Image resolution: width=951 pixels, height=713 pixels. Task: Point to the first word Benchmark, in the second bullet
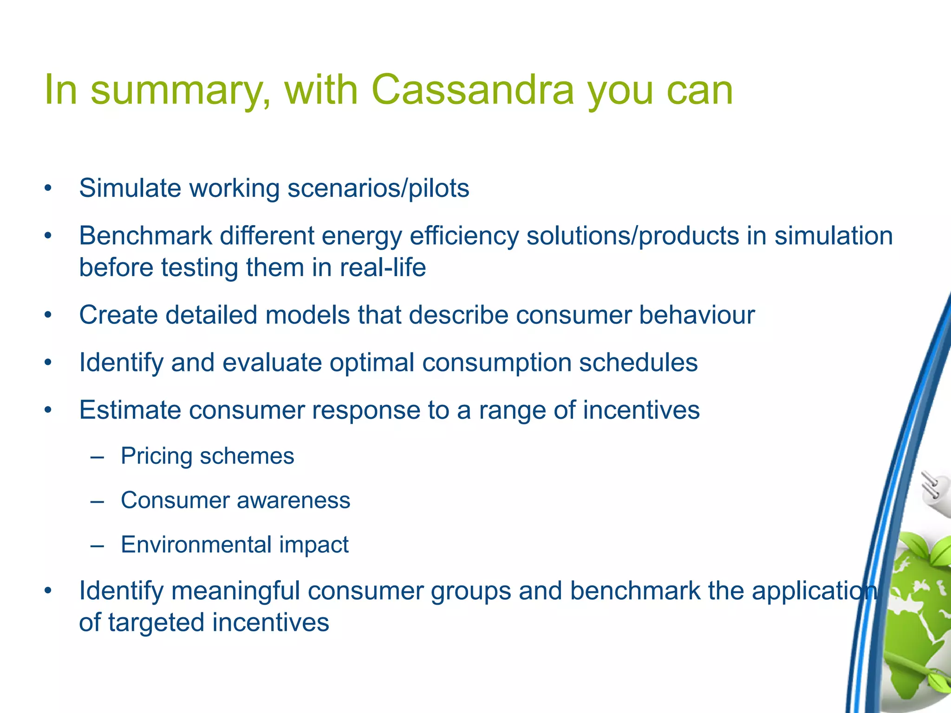point(145,235)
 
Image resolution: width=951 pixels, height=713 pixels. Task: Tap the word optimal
point(371,362)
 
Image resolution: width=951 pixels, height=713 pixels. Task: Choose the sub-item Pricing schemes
point(207,456)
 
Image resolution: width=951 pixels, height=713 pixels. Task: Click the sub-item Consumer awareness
point(235,500)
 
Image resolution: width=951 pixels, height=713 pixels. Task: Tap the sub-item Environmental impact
point(234,544)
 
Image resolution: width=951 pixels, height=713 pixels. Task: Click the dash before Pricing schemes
point(98,457)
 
